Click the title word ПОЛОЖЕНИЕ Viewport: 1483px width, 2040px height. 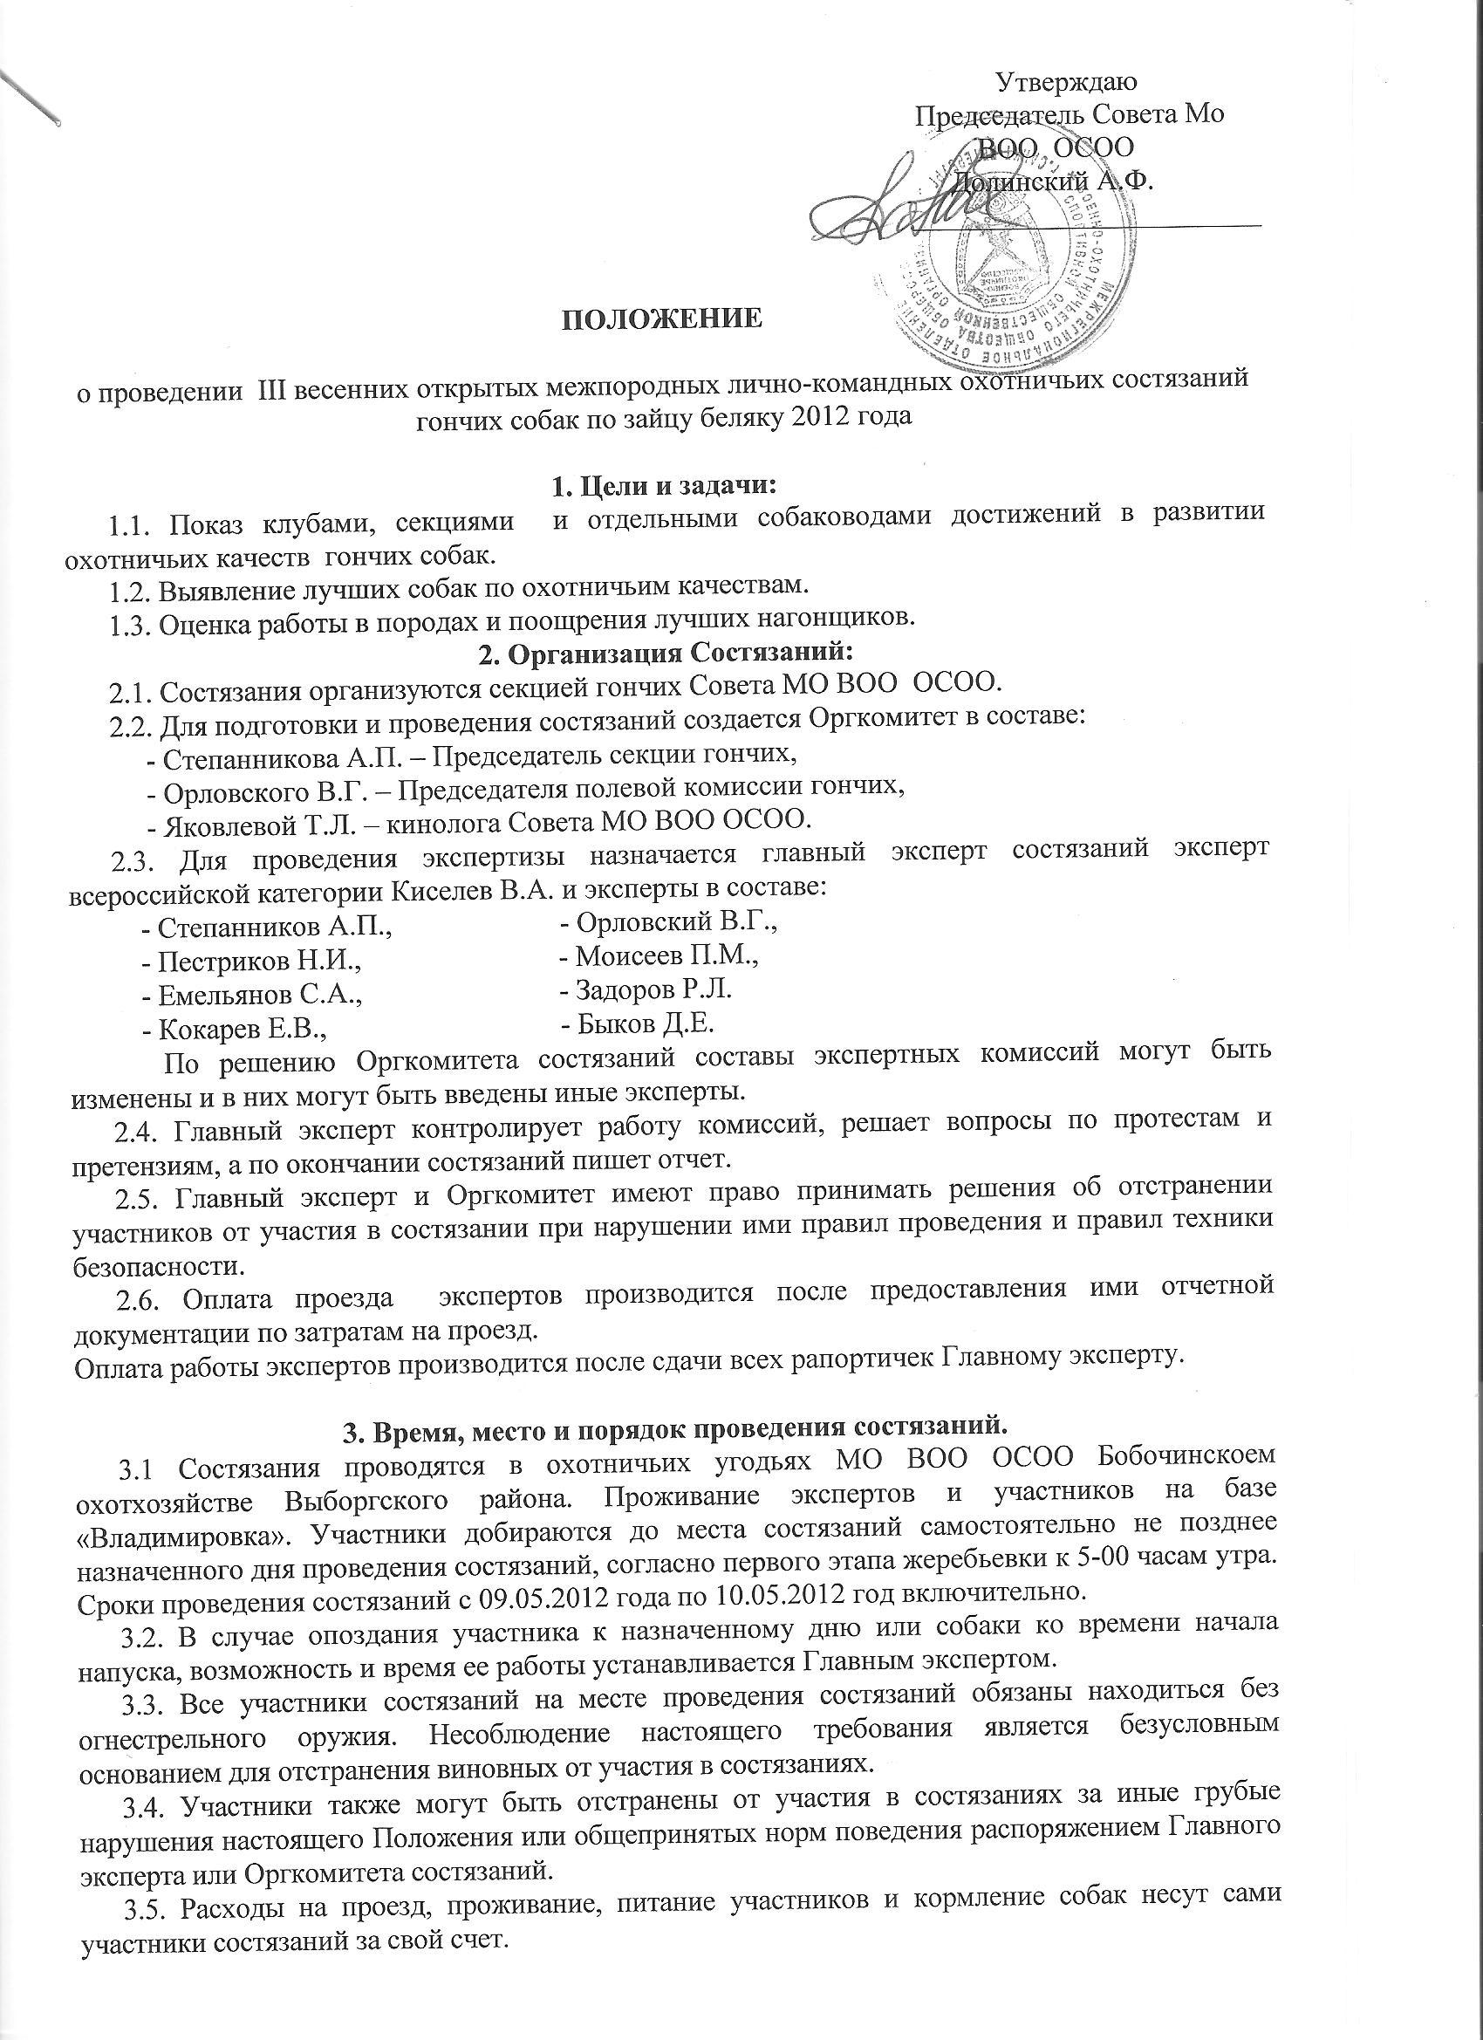click(x=662, y=319)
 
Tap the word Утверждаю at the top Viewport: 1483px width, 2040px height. click(x=1068, y=82)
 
